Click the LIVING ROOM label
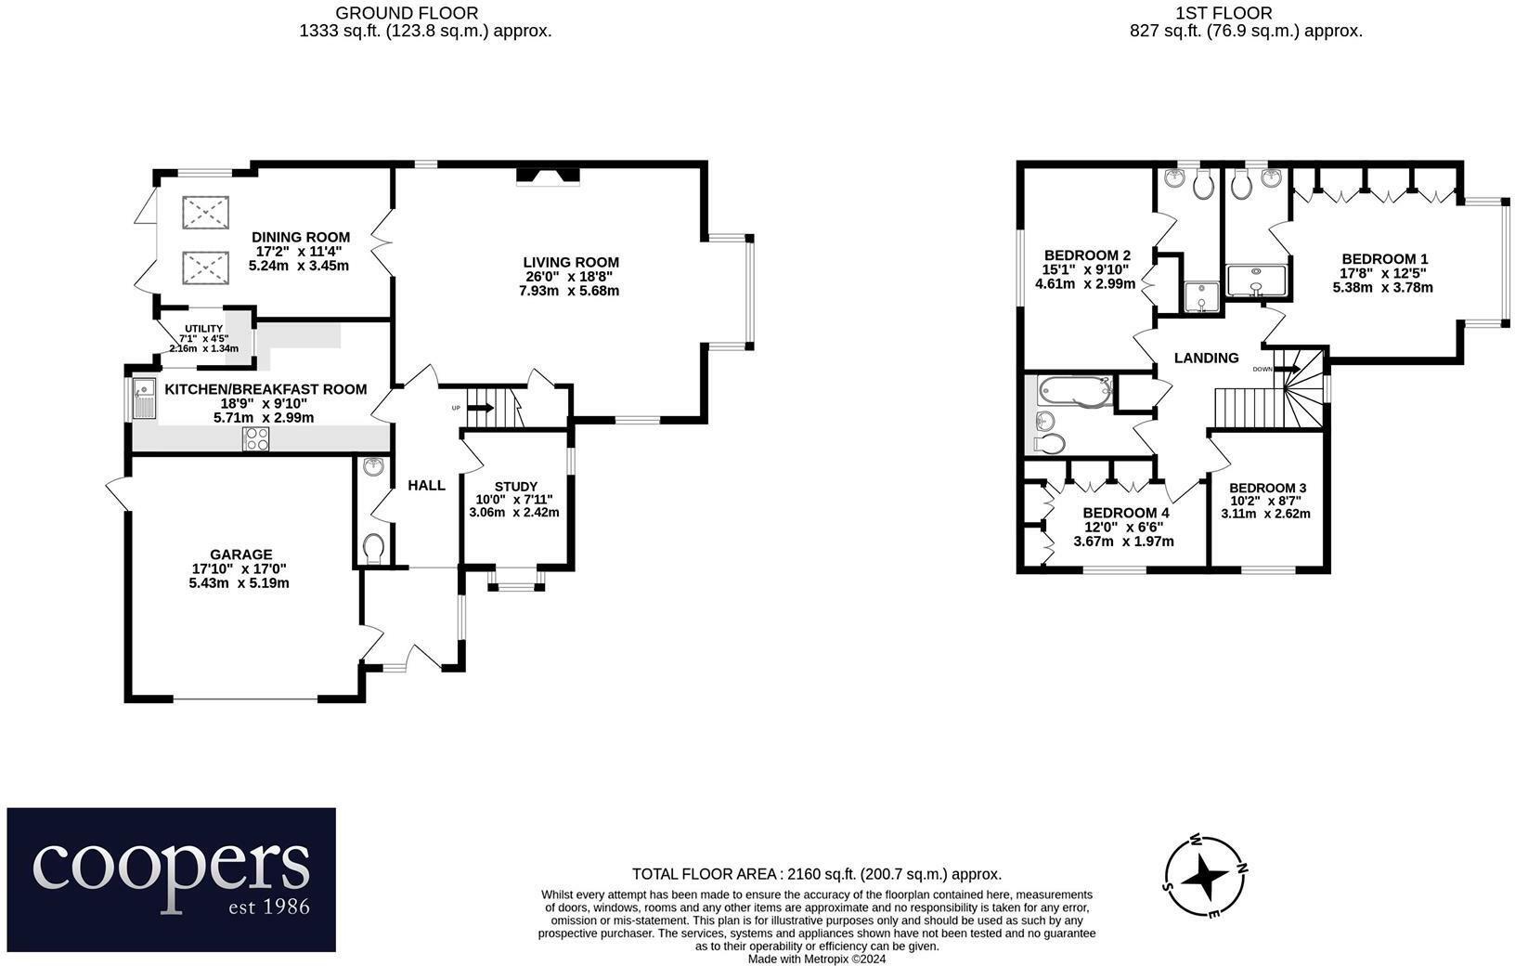point(570,263)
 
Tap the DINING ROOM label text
point(301,237)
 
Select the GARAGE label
point(240,555)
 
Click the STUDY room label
point(515,486)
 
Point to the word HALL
point(427,485)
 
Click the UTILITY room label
point(203,329)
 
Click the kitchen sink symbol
point(143,395)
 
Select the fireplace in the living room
point(548,175)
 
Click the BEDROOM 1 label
point(1384,259)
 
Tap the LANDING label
point(1206,358)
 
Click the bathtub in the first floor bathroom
point(1072,390)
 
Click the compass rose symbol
point(1206,876)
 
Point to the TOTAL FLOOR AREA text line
point(816,874)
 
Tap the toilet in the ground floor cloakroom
point(374,548)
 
